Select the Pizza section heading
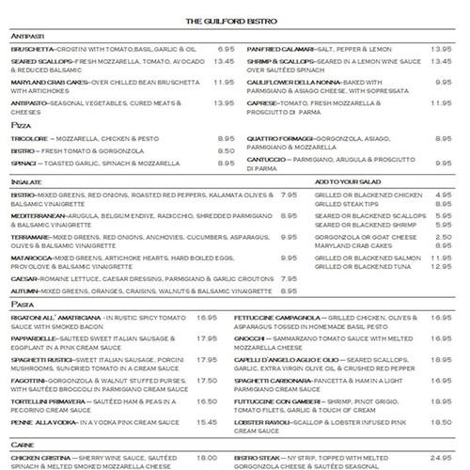pyautogui.click(x=20, y=125)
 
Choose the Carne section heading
pyautogui.click(x=23, y=446)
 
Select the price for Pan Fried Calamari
pyautogui.click(x=441, y=48)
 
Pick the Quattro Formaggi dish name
pyautogui.click(x=278, y=137)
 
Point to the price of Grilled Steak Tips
pyautogui.click(x=445, y=204)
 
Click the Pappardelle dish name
pyautogui.click(x=36, y=336)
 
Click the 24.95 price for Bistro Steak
pyautogui.click(x=441, y=457)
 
